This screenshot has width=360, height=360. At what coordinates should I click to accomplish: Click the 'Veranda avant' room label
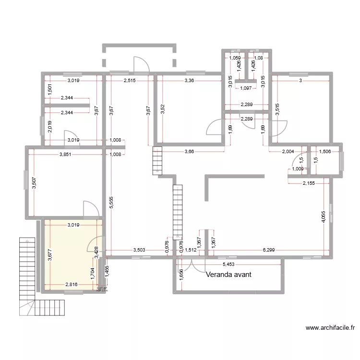(229, 275)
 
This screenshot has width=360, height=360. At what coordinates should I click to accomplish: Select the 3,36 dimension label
(190, 81)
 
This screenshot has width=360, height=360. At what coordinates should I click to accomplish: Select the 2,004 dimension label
(288, 152)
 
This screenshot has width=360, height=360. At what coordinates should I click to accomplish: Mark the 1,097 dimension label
(246, 88)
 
